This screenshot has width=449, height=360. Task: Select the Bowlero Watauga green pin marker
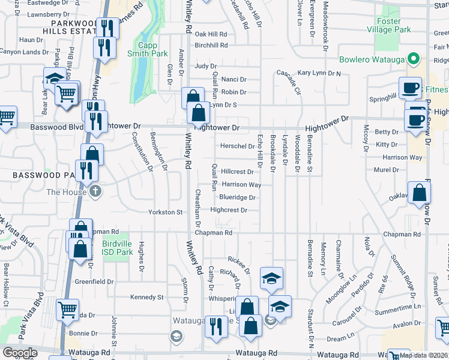click(412, 59)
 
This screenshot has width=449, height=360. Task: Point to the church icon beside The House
click(95, 191)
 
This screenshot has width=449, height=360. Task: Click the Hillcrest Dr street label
click(237, 172)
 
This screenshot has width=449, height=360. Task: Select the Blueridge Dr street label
click(238, 197)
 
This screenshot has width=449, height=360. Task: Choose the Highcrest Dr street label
click(229, 210)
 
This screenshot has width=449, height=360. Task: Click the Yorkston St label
click(166, 212)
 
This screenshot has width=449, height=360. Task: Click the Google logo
click(20, 353)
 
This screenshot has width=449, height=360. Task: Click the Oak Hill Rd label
click(211, 34)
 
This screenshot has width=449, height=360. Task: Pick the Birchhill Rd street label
click(211, 45)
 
